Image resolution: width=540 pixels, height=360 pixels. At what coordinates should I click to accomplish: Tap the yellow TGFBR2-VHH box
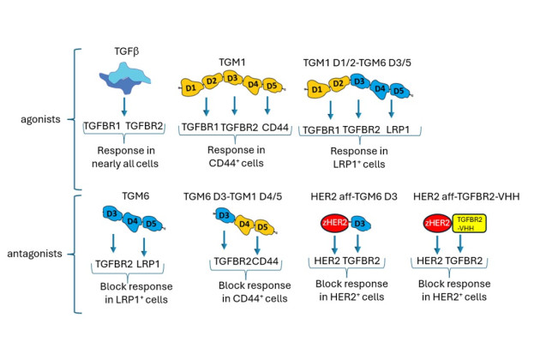tap(465, 226)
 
